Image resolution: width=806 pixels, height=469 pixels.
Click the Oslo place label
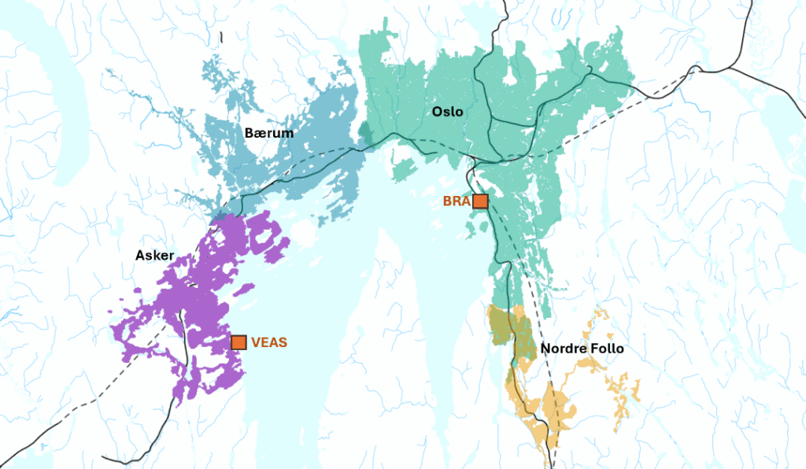pos(447,112)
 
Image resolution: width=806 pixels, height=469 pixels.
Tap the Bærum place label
pos(268,133)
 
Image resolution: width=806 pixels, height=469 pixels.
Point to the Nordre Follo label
pos(582,348)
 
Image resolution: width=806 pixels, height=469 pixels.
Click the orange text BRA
pos(456,201)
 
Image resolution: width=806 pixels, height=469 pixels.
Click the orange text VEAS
pos(269,342)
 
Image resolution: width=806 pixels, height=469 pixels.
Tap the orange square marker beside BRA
pos(480,201)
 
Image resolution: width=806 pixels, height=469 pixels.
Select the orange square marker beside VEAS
pos(239,342)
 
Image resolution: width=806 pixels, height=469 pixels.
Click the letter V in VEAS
pos(256,342)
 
